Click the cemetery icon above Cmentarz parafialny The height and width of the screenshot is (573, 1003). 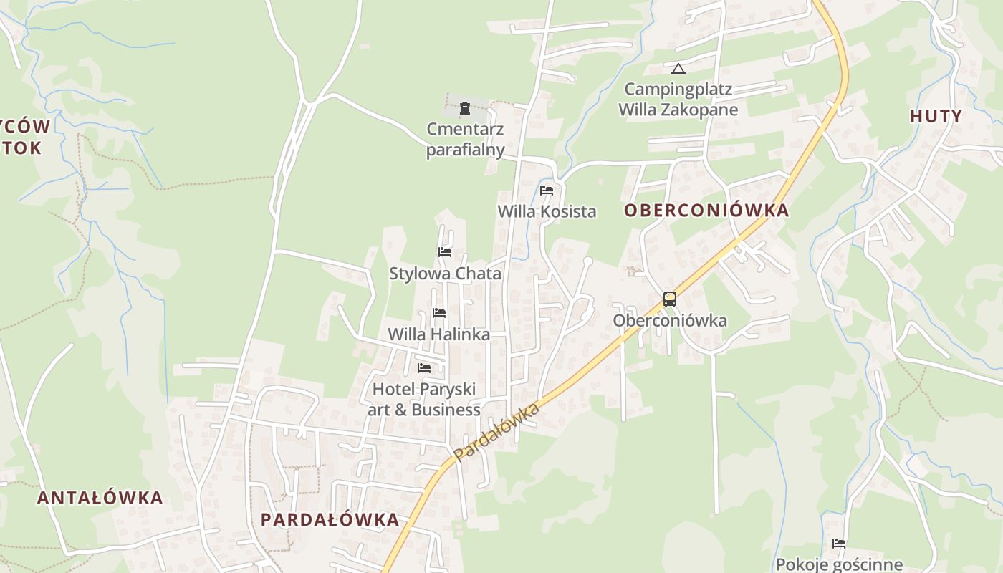[465, 109]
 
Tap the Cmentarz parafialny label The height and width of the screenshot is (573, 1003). [466, 140]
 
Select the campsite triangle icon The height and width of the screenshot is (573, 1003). [678, 69]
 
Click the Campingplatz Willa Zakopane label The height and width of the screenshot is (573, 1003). [678, 100]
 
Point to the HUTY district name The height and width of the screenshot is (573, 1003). [936, 116]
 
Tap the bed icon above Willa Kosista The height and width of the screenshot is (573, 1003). [547, 191]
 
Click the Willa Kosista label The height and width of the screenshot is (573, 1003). [547, 211]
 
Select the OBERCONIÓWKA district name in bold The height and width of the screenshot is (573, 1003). [706, 211]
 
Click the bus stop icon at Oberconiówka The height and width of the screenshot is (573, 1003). [670, 299]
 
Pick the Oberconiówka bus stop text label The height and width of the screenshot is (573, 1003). [670, 321]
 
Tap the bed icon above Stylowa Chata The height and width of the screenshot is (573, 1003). [445, 252]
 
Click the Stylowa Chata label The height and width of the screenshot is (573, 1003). [445, 274]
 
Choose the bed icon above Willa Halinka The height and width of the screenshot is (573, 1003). [439, 313]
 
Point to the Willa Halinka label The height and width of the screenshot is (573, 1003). [439, 334]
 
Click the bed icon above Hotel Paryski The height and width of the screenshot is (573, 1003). [424, 368]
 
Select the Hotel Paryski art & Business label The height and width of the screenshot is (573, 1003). [424, 400]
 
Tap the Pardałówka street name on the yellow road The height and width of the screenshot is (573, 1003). [496, 432]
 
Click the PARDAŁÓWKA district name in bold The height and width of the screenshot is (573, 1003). [330, 520]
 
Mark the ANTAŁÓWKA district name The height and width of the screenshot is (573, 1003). [100, 498]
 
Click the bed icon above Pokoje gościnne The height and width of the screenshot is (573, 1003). [839, 544]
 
